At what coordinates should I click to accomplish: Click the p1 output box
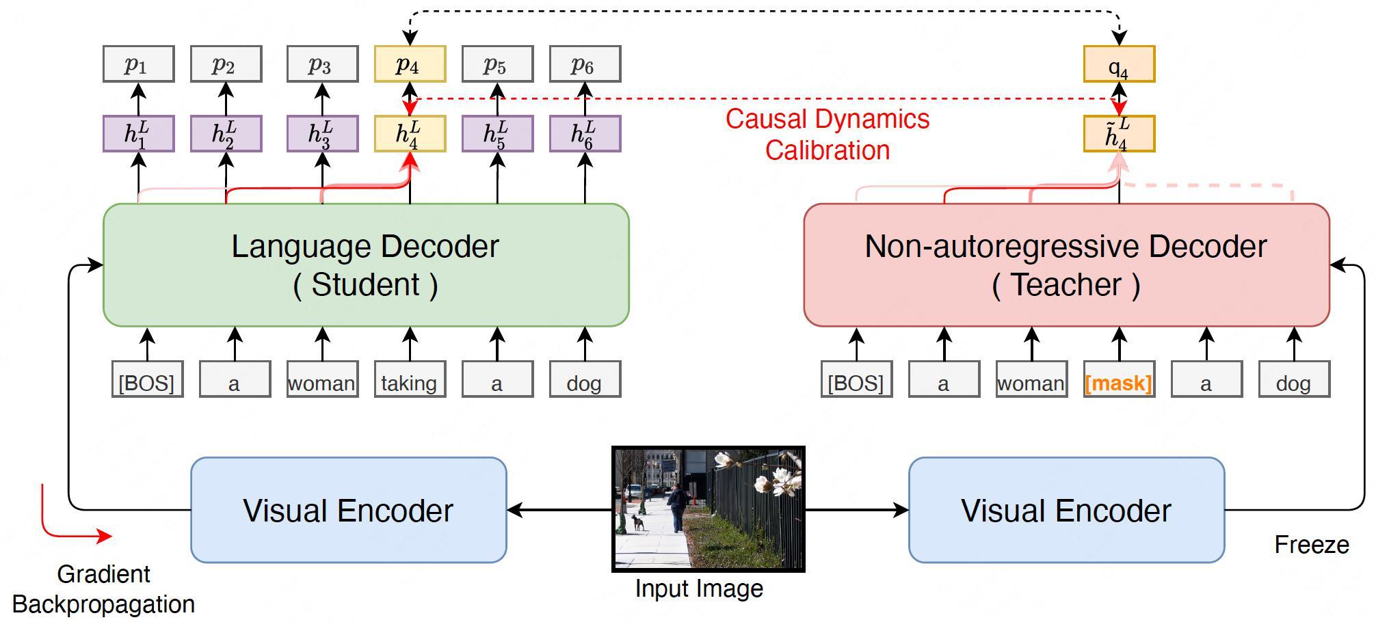(x=139, y=64)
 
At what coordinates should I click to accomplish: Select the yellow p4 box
(x=410, y=64)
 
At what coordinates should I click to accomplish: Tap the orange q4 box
(x=1119, y=64)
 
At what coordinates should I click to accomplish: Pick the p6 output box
(x=585, y=64)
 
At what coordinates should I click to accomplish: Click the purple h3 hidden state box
(x=322, y=133)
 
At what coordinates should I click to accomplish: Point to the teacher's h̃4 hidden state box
(x=1119, y=133)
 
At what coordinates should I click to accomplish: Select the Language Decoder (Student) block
(x=366, y=265)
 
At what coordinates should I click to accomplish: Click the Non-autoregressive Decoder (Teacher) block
(x=1066, y=265)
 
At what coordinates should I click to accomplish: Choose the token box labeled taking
(x=410, y=379)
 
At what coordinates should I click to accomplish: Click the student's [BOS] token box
(x=147, y=379)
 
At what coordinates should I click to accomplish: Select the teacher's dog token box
(x=1294, y=379)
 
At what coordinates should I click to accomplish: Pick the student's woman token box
(x=322, y=379)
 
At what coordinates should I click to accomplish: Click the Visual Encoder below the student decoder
(x=348, y=510)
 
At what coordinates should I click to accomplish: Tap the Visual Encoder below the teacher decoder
(x=1066, y=510)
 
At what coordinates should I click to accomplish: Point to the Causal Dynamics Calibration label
(x=828, y=135)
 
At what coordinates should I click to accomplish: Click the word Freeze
(x=1312, y=545)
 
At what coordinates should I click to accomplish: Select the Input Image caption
(x=699, y=589)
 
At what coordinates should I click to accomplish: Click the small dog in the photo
(x=637, y=523)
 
